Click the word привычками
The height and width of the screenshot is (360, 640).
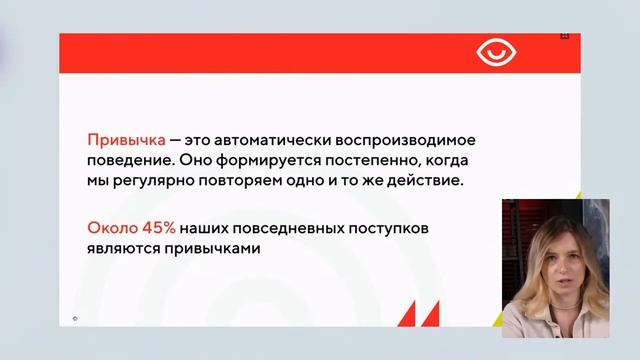pos(213,250)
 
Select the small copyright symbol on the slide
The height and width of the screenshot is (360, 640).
pos(75,319)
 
